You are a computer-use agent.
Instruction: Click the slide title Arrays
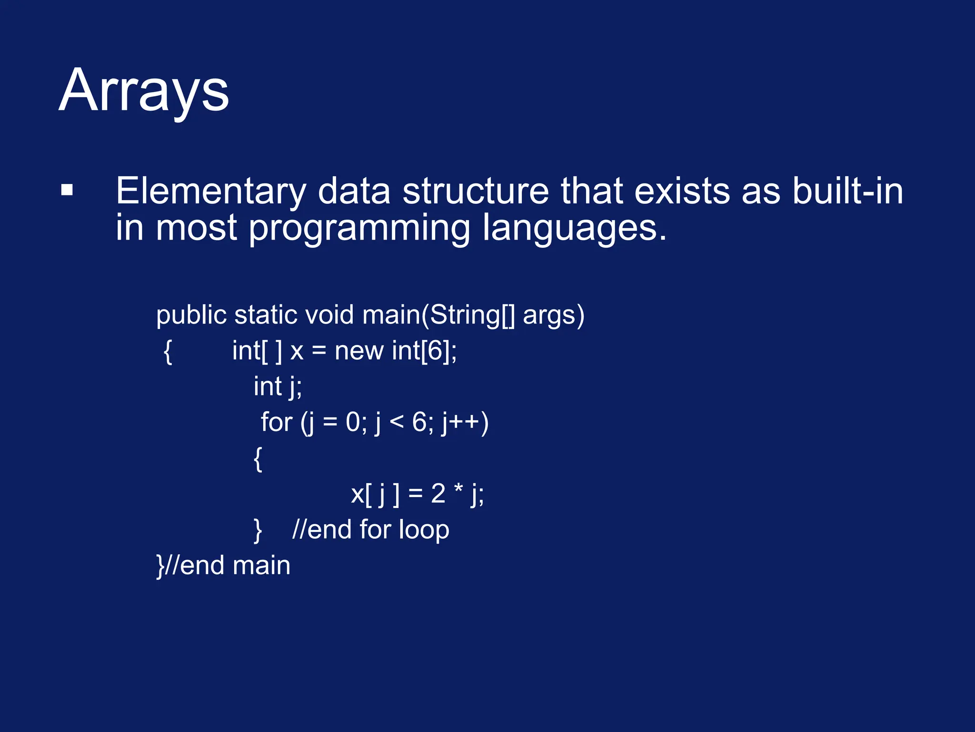[x=144, y=91]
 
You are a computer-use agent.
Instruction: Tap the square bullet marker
[x=67, y=190]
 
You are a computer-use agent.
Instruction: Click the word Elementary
[x=210, y=192]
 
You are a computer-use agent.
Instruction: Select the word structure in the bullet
[x=476, y=191]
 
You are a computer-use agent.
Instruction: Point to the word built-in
[x=847, y=191]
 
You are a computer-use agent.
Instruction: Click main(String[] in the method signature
[x=438, y=315]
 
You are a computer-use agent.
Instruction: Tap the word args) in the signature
[x=554, y=315]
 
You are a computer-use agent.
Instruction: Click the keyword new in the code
[x=359, y=351]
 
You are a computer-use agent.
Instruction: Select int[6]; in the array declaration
[x=424, y=351]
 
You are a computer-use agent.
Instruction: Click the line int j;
[x=278, y=386]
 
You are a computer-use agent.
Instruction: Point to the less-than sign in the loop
[x=396, y=423]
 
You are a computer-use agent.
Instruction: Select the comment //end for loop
[x=370, y=530]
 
